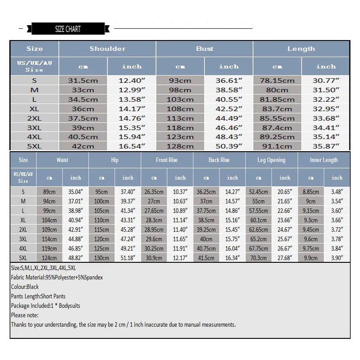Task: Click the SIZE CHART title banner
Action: click(x=68, y=29)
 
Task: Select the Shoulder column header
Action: click(x=108, y=49)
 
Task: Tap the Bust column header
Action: click(x=205, y=49)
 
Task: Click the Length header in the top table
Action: click(x=301, y=49)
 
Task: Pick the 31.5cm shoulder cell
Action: click(x=83, y=81)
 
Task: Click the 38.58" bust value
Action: click(x=229, y=90)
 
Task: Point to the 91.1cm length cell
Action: click(x=277, y=146)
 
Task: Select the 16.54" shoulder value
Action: click(x=132, y=146)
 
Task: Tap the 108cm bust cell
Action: click(x=180, y=109)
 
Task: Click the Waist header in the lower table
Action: click(x=63, y=160)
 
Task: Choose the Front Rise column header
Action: click(x=167, y=160)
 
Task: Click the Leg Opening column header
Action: click(x=271, y=160)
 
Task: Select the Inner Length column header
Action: click(x=324, y=160)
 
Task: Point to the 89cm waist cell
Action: click(x=49, y=192)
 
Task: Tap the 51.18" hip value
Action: click(x=128, y=258)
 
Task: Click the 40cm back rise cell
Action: click(x=206, y=239)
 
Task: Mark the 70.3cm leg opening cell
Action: click(x=258, y=258)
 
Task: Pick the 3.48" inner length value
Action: click(x=337, y=192)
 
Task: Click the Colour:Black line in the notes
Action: click(x=25, y=287)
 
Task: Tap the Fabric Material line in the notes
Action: click(x=57, y=278)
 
